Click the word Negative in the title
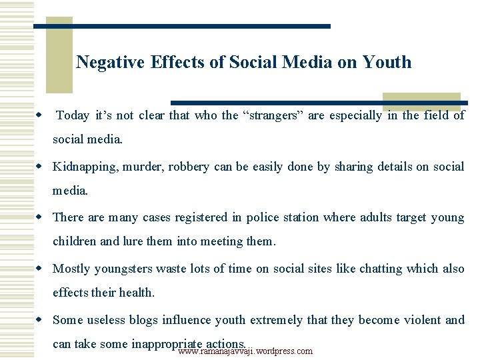(111, 63)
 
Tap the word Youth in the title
(387, 63)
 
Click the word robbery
(189, 167)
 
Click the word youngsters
(123, 269)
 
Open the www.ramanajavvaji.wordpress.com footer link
(245, 351)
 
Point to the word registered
(198, 217)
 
